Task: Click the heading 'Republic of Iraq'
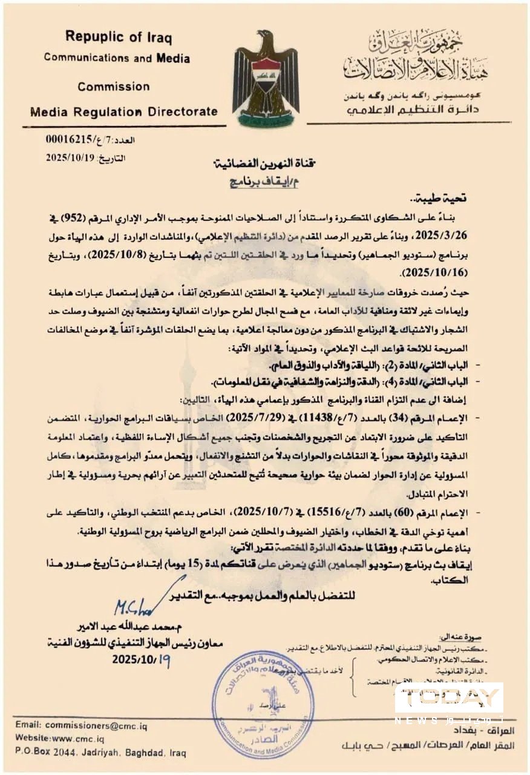119,37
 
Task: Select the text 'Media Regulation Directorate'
123,111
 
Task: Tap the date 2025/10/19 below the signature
141,659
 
